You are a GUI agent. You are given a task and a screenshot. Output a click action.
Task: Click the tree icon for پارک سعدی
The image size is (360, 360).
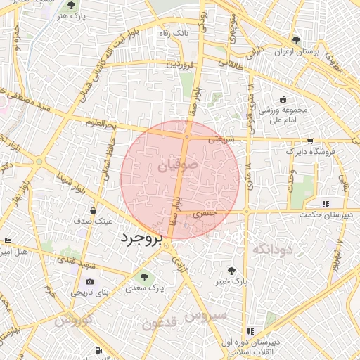pos(145,276)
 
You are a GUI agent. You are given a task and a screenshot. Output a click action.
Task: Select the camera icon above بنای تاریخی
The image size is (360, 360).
pos(89,282)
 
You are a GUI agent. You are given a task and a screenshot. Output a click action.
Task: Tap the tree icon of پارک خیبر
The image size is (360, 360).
pos(232,270)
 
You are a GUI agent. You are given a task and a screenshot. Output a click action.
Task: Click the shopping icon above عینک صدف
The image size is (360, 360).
pos(94,210)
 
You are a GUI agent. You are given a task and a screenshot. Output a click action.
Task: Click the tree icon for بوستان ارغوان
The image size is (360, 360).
pos(296,40)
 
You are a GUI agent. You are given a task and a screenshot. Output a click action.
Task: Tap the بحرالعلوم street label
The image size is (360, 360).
pos(99,125)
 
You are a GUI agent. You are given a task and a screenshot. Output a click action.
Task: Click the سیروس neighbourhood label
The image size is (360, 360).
pos(206,316)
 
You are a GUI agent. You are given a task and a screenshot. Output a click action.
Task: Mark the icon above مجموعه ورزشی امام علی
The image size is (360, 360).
pos(283,100)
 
